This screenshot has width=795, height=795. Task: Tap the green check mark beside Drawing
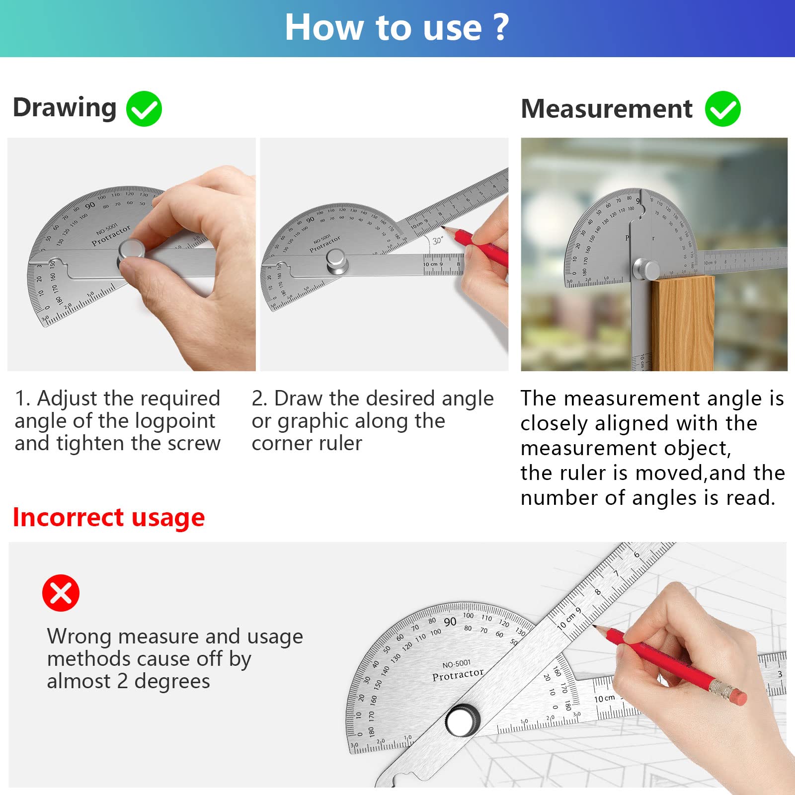(144, 109)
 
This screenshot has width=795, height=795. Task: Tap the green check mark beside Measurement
(722, 109)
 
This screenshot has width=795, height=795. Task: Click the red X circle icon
(61, 593)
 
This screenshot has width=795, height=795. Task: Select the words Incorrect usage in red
(108, 517)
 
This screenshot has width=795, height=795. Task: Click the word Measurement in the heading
(606, 109)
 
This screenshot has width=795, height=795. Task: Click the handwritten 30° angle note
(437, 240)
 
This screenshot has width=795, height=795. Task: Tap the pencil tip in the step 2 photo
(443, 228)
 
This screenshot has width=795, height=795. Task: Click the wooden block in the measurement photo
(682, 323)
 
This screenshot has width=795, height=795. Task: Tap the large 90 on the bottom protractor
(450, 622)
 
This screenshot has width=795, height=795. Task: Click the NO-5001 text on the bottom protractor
(456, 664)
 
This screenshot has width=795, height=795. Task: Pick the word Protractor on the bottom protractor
(458, 675)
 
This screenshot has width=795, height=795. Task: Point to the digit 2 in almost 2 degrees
(122, 681)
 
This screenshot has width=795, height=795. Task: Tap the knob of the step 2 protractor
(336, 261)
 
